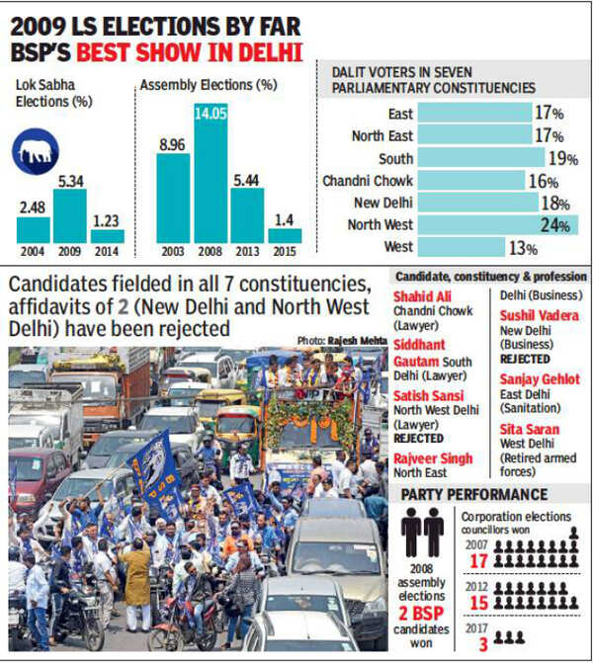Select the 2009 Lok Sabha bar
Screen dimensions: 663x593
coord(69,215)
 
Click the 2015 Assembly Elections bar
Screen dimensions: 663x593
coord(285,235)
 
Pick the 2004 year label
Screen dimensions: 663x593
coord(33,252)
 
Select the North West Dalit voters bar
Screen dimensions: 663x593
coord(497,224)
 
